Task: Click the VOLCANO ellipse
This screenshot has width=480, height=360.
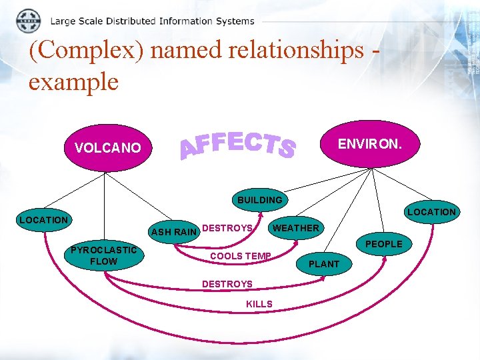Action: pos(108,148)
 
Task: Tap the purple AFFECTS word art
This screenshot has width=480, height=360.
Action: pos(239,144)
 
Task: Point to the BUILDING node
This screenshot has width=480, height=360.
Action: pos(260,199)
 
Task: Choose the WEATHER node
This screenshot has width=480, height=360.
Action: pos(296,228)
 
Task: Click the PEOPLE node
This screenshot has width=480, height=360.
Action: pos(383,244)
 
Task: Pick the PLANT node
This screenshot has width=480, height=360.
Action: pos(325,264)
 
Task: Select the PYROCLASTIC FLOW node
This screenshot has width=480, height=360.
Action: pos(103,256)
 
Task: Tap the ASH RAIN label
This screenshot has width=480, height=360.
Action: pos(174,232)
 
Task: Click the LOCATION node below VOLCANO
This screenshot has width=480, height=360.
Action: pos(43,219)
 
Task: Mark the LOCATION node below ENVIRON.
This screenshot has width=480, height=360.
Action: pos(431,212)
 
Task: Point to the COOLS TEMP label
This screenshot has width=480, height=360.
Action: pos(240,256)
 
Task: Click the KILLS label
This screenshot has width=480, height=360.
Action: pos(259,304)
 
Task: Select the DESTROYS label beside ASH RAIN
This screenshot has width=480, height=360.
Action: pos(227,228)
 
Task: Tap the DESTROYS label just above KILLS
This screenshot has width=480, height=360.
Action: pos(227,284)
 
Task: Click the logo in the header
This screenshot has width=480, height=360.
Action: pos(28,21)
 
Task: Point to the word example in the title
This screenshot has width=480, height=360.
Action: pos(73,81)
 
